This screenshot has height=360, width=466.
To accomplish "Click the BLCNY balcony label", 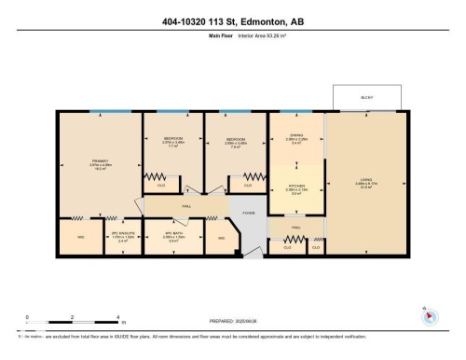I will pyautogui.click(x=366, y=96).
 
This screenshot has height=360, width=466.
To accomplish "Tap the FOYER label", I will pyautogui.click(x=249, y=213).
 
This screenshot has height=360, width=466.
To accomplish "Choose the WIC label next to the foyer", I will pyautogui.click(x=222, y=238).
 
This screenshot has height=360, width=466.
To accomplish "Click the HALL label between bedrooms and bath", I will pyautogui.click(x=186, y=205).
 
